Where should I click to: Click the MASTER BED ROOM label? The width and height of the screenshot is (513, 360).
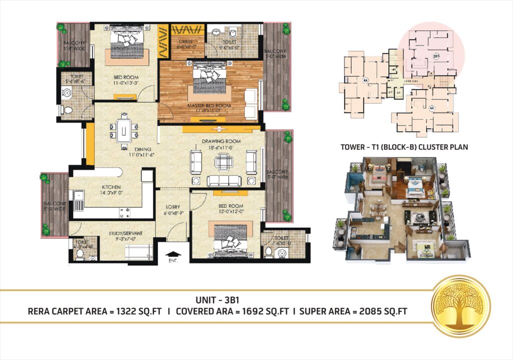point(209,106)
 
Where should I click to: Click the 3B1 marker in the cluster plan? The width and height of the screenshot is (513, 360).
point(436,56)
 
